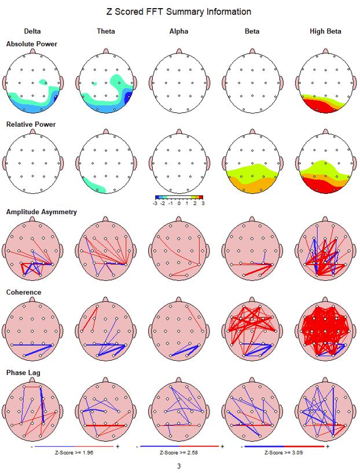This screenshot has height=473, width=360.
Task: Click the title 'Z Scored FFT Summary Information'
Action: (x=179, y=12)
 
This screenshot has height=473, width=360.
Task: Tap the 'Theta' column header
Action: (x=105, y=31)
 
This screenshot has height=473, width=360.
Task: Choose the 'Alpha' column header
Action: (x=179, y=31)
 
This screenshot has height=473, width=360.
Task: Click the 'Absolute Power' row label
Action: (x=31, y=44)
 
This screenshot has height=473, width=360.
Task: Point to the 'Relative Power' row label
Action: (x=31, y=124)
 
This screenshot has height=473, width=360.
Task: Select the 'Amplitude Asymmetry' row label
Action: (x=41, y=212)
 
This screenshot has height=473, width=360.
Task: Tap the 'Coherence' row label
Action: (x=24, y=292)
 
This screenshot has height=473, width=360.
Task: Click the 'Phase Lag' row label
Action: (x=24, y=373)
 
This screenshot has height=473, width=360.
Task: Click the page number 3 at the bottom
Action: (x=179, y=465)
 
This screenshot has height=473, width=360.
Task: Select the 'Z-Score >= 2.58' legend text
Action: (x=179, y=452)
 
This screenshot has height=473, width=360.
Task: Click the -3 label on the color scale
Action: (x=155, y=204)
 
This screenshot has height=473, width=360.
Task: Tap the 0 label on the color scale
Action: (x=179, y=204)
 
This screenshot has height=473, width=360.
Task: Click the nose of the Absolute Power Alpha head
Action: (x=179, y=52)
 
